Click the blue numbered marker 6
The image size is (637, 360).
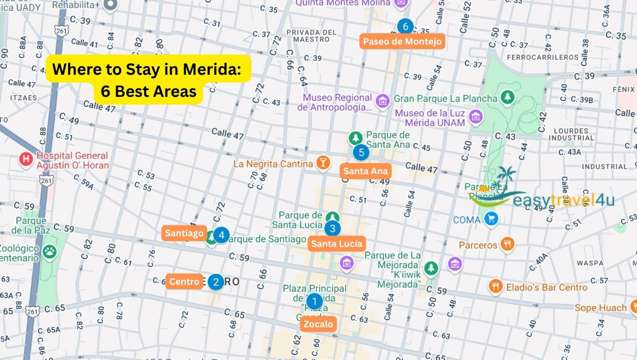(405, 26)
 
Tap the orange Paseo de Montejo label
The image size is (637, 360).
(402, 41)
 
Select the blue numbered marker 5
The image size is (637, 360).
(361, 152)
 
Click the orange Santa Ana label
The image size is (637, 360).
(365, 171)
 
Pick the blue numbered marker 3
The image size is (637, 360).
(333, 228)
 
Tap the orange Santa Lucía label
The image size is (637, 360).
(336, 244)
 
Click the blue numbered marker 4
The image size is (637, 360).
(221, 235)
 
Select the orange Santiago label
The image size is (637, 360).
(184, 233)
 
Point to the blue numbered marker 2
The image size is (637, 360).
(216, 281)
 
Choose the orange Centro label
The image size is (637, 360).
(184, 281)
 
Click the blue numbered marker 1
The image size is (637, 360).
(314, 301)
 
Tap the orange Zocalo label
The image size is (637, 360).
(318, 324)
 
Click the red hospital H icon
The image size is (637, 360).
(26, 159)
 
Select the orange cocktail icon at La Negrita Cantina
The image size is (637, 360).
(323, 163)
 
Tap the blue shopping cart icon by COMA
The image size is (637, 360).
(491, 219)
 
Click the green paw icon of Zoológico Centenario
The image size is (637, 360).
(50, 251)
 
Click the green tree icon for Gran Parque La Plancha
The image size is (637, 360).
(507, 97)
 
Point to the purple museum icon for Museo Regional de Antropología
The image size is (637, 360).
(382, 101)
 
